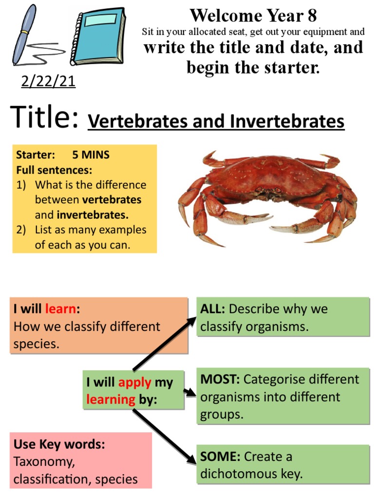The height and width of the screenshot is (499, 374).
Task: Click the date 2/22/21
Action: [x=48, y=81]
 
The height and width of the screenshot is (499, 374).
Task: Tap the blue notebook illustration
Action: [x=98, y=37]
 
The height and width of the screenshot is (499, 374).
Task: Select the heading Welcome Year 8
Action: [x=253, y=16]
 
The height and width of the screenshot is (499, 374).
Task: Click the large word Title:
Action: [x=45, y=118]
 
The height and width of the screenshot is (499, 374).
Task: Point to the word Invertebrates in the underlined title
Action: [x=287, y=121]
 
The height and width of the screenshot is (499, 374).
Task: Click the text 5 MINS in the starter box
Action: [x=91, y=155]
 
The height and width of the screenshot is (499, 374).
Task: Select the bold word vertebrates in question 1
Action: [x=112, y=200]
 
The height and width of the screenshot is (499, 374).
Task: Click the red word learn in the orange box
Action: [x=60, y=309]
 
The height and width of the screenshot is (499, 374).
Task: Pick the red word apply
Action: [x=135, y=383]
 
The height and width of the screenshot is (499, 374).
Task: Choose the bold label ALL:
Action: [x=213, y=309]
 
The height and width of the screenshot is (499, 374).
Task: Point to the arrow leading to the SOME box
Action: [x=163, y=434]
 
